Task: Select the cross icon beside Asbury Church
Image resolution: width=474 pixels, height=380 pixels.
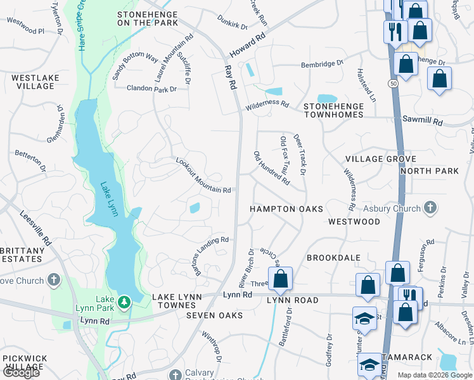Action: click(x=430, y=208)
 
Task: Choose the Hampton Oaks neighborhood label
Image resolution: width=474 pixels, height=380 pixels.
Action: click(x=286, y=209)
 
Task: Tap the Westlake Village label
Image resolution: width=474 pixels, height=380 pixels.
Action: click(x=34, y=82)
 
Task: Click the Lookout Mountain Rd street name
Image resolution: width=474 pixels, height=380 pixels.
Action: click(x=203, y=177)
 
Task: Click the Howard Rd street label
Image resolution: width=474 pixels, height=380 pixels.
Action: click(x=247, y=47)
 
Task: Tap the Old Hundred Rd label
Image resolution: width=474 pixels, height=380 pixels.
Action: click(x=271, y=168)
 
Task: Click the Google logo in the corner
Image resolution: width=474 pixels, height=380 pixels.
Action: click(x=21, y=372)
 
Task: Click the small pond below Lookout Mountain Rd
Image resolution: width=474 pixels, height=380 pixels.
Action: click(x=195, y=207)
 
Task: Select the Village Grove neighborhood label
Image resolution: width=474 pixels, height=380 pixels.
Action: click(x=380, y=159)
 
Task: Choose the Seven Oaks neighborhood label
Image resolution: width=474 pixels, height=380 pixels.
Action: click(x=214, y=315)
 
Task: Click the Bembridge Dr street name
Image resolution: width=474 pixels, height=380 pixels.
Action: click(x=321, y=63)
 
